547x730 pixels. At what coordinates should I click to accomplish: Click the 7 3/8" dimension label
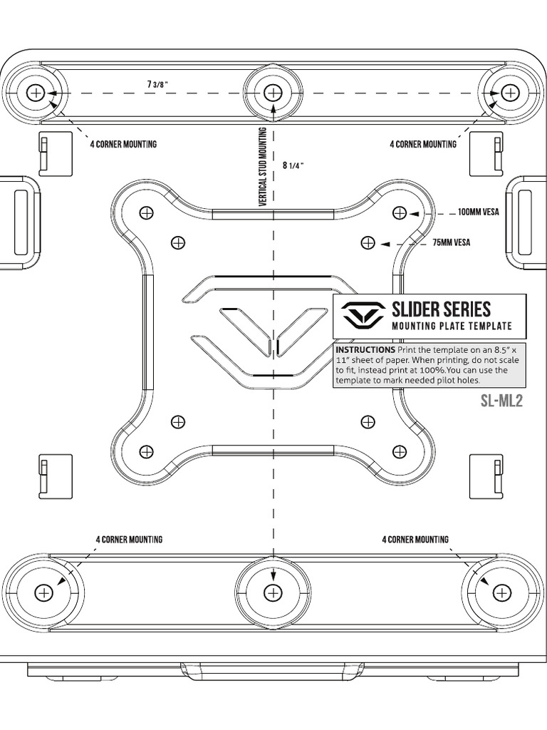coord(157,84)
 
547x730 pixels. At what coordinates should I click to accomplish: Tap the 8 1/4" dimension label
coord(293,165)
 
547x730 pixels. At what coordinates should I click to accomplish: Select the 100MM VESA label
coord(478,212)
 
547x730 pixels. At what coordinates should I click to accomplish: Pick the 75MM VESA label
coord(451,242)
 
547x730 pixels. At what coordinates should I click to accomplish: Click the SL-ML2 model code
coord(501,401)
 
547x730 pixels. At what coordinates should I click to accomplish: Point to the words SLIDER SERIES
coord(441,309)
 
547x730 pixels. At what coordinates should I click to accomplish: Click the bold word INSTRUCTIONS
coord(365,349)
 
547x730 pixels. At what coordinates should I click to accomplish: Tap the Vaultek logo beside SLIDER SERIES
coord(363,314)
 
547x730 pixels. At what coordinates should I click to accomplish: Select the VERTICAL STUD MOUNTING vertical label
coord(263,167)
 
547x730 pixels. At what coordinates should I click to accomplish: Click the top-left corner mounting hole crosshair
coord(35,93)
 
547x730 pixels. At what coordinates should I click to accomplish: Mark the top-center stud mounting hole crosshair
coord(273,93)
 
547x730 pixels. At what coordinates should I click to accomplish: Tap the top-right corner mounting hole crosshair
coord(511,93)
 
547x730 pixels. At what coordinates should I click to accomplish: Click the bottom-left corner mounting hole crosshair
coord(44,592)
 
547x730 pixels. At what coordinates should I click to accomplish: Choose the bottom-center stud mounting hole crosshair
coord(273,592)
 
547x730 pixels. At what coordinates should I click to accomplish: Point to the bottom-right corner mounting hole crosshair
coord(501,592)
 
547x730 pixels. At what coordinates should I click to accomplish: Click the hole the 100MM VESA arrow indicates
coord(400,213)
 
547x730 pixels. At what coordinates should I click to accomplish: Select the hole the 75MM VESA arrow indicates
coord(368,242)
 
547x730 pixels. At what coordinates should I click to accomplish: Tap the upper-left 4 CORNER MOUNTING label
coord(123,144)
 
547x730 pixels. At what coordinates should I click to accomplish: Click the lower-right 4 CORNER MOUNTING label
coord(415,539)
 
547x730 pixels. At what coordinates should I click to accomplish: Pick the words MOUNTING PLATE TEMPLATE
coord(452,326)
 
